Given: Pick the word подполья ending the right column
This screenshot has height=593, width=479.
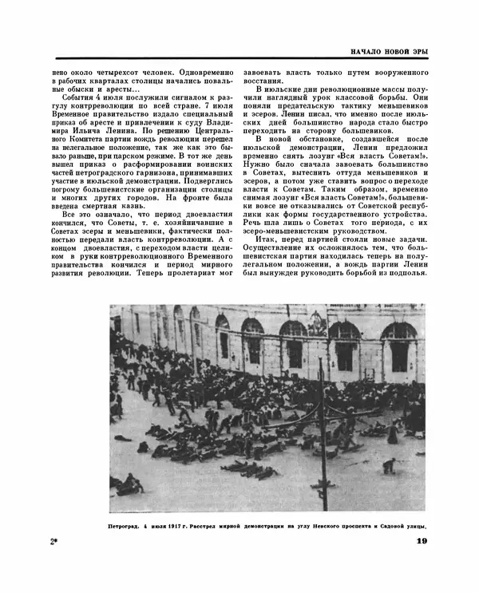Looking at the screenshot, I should point(407,275).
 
